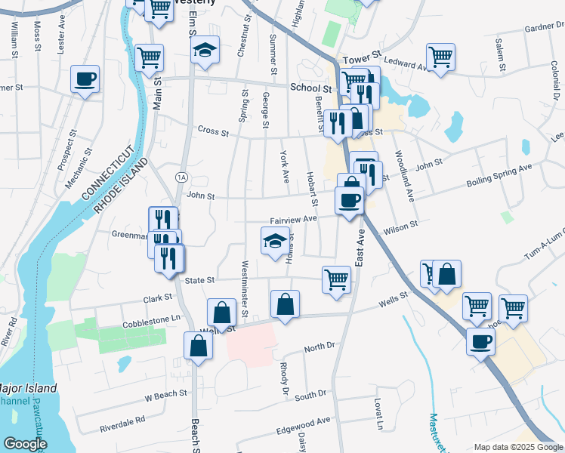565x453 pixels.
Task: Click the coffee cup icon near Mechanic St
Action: pyautogui.click(x=85, y=79)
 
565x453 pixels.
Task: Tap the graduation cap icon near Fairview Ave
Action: pyautogui.click(x=276, y=241)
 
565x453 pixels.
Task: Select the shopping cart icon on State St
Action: pyautogui.click(x=336, y=279)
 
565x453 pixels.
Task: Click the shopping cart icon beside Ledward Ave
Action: pyautogui.click(x=440, y=57)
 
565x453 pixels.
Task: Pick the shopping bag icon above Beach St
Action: pyautogui.click(x=198, y=346)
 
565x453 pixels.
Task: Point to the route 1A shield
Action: pyautogui.click(x=181, y=177)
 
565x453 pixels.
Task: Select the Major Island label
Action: pyautogui.click(x=28, y=388)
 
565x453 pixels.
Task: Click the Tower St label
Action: pyautogui.click(x=359, y=60)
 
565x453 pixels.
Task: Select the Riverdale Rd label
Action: pyautogui.click(x=121, y=424)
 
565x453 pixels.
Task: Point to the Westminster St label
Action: pyautogui.click(x=244, y=288)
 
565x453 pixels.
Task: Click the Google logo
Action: pyautogui.click(x=24, y=444)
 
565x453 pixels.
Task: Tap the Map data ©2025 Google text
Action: pyautogui.click(x=517, y=447)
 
